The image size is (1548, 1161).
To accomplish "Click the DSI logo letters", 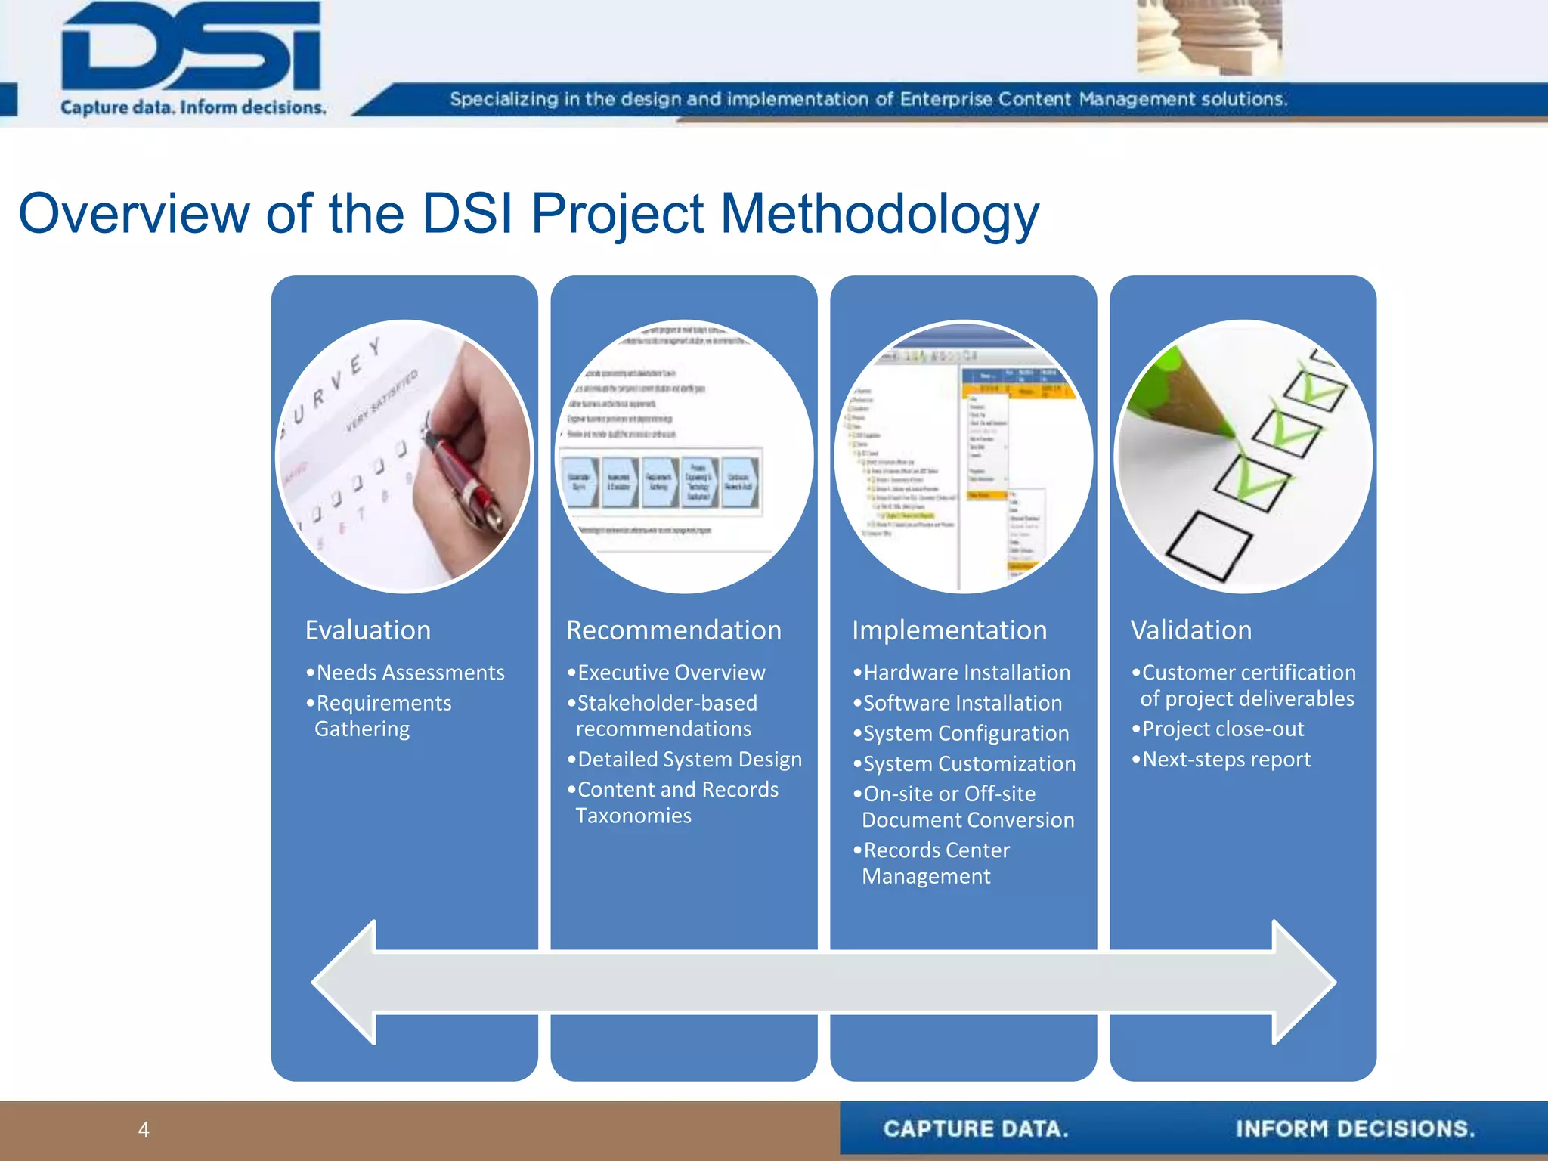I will (x=192, y=47).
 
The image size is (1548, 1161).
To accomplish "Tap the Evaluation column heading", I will (x=368, y=630).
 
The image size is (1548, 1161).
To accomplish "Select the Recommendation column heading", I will (x=673, y=630).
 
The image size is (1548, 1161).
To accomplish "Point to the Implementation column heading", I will (x=949, y=630).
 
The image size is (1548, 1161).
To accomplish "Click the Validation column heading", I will (x=1191, y=630).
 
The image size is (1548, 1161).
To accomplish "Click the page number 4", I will (x=144, y=1129).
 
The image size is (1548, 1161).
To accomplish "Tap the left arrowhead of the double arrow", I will (x=345, y=983).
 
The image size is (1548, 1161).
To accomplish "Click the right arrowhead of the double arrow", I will (x=1304, y=983).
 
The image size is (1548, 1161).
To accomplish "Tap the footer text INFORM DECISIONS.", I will (x=1354, y=1129).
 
